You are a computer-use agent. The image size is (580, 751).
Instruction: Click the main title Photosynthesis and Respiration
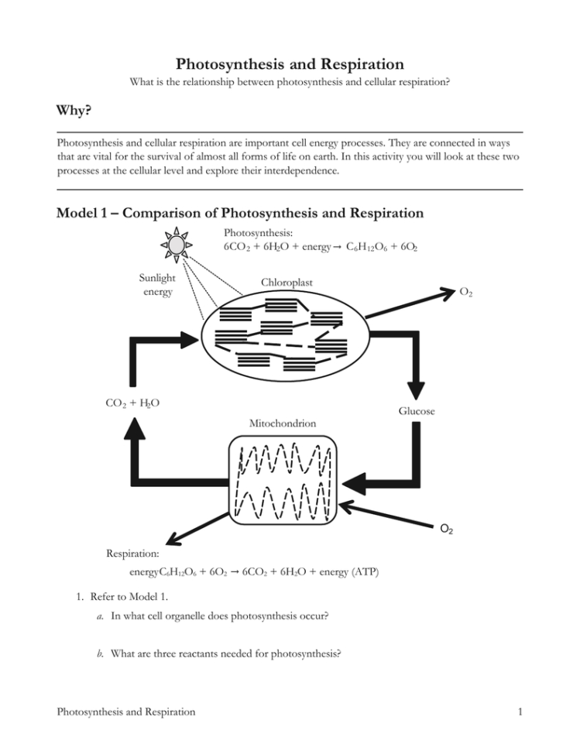point(290,63)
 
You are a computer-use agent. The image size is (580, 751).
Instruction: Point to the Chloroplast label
point(287,283)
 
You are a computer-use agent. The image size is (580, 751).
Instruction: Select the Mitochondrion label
point(282,424)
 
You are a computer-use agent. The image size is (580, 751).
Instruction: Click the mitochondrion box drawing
point(283,484)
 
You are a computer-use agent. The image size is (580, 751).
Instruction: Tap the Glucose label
point(417,411)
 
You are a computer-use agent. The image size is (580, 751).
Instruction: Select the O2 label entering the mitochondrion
point(447,530)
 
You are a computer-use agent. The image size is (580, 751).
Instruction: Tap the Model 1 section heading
point(241,213)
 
